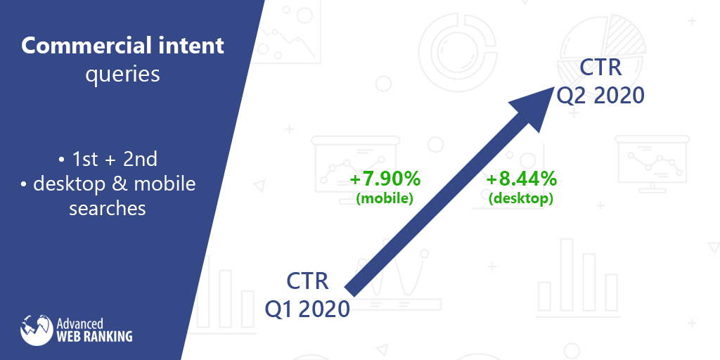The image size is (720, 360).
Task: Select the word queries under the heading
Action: pos(122,75)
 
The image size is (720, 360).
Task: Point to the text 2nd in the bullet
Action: pos(141,160)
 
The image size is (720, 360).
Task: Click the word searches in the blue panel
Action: pos(108,208)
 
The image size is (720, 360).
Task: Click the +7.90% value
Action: pos(385,179)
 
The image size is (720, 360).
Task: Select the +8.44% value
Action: pos(521,179)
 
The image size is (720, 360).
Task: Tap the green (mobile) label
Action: pos(385,199)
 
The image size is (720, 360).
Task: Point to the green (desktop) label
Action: pos(521,199)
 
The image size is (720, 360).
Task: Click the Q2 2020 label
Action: pos(600,96)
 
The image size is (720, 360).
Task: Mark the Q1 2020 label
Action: pos(307,309)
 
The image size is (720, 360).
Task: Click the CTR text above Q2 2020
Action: pos(600,67)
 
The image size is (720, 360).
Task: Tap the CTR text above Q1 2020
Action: pos(308,281)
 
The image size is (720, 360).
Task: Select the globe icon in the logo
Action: pos(37,330)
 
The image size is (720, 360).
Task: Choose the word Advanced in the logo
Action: pos(79,323)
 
